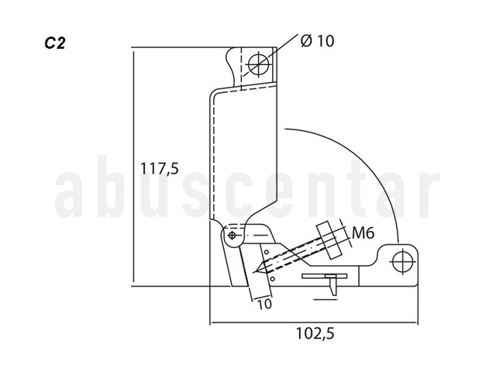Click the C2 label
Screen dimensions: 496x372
[55, 43]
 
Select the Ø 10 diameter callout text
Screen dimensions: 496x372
[317, 41]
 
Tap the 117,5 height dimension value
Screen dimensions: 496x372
[160, 168]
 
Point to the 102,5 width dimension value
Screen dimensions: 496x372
[315, 333]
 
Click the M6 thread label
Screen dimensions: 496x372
[363, 233]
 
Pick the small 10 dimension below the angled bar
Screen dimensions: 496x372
[264, 304]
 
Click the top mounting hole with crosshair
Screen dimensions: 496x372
[259, 64]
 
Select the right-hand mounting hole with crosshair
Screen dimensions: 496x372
[403, 262]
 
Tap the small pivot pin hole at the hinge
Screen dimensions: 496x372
[232, 235]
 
